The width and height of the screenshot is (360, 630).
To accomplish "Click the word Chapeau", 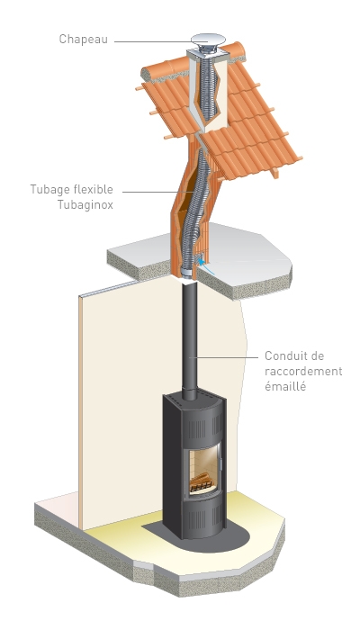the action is tap(83, 40).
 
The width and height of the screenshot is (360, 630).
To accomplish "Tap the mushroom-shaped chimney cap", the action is tap(208, 40).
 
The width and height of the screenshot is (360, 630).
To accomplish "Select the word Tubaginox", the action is tap(85, 204).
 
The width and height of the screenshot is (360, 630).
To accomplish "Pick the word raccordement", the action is tap(303, 371).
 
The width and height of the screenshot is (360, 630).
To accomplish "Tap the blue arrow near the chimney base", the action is tap(205, 266).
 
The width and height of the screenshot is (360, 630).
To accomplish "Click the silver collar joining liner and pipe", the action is tap(187, 274).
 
